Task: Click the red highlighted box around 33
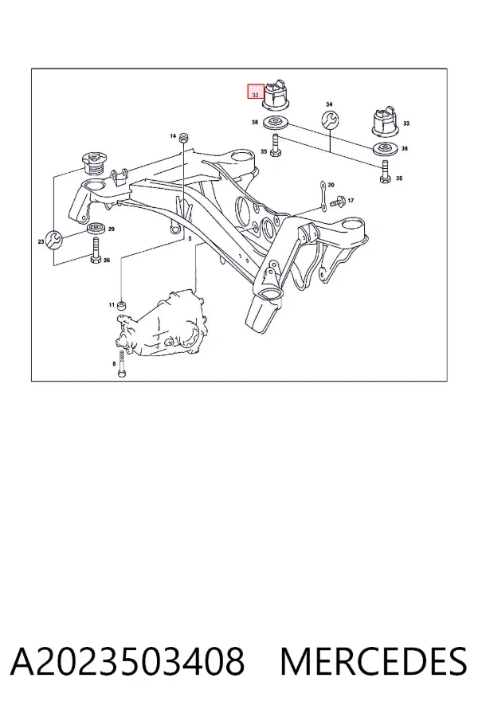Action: (x=256, y=92)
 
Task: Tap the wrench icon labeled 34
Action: (x=331, y=119)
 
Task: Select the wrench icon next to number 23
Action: (x=53, y=240)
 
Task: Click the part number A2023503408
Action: (x=127, y=661)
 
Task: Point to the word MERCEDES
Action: (x=374, y=661)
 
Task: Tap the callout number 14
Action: (x=173, y=135)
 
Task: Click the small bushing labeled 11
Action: (x=122, y=305)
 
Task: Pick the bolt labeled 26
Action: (x=96, y=251)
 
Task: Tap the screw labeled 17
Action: (x=337, y=201)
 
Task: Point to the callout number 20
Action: (x=331, y=185)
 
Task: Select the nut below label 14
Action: (x=183, y=137)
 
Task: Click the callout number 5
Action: (x=190, y=239)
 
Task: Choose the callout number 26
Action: (x=107, y=261)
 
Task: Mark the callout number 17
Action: (x=351, y=200)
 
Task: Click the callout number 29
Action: (x=112, y=229)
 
